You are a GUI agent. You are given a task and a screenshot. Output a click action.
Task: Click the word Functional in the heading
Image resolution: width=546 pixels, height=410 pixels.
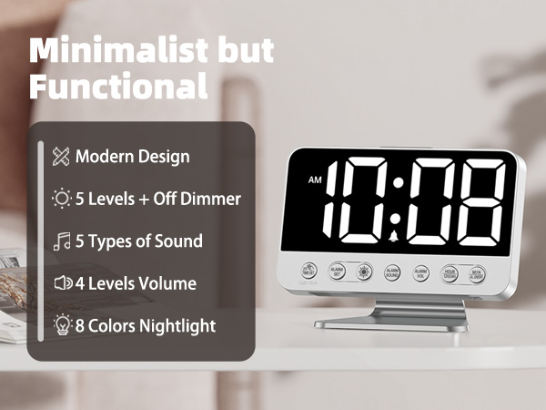point(118,87)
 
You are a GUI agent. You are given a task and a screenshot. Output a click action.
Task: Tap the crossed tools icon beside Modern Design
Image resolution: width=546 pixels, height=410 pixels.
point(61,156)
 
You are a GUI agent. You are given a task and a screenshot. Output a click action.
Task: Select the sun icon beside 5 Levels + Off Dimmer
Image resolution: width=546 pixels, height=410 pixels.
point(61,198)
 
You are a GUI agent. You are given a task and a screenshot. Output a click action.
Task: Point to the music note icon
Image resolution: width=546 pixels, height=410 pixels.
point(61,241)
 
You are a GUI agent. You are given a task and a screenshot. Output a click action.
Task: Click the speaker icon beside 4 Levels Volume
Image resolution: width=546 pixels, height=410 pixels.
point(61,283)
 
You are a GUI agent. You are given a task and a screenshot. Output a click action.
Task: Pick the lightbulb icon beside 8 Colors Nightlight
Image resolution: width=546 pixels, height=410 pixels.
point(61,325)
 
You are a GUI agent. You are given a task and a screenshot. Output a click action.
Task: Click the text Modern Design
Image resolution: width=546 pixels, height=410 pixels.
point(133,156)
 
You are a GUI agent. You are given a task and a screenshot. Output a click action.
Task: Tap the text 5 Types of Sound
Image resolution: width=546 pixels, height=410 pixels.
point(139,241)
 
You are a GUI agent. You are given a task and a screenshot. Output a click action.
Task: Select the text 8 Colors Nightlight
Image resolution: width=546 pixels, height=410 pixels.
point(146,325)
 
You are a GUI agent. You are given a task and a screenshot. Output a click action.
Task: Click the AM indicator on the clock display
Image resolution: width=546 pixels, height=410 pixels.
point(315,179)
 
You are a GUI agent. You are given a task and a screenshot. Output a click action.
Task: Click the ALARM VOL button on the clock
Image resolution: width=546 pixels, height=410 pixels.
point(420,272)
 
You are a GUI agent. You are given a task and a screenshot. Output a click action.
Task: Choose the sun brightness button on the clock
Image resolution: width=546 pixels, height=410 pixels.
point(363,272)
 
